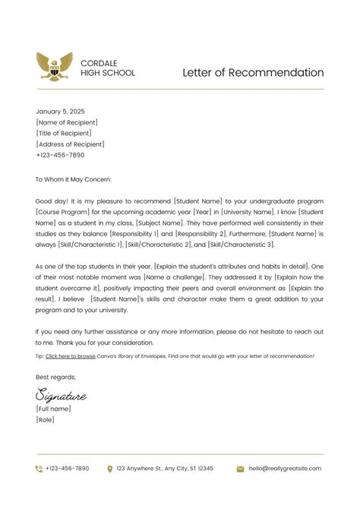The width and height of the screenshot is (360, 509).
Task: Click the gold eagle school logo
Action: coord(55,67)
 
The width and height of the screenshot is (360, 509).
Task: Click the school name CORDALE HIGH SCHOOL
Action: coord(108,68)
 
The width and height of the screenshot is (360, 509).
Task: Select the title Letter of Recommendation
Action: coord(253,73)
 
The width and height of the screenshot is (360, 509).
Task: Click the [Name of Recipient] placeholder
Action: coord(67,122)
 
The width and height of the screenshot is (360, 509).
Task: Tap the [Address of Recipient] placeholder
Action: coord(70,144)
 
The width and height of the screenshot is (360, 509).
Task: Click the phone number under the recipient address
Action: coord(60,155)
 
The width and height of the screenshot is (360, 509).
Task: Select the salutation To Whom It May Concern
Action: coord(74,179)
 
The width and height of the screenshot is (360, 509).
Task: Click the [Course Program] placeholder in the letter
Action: coord(65,212)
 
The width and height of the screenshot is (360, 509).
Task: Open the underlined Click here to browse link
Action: coord(71,356)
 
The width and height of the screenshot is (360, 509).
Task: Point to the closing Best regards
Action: coord(56,377)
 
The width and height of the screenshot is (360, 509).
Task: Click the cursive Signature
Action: coord(61,394)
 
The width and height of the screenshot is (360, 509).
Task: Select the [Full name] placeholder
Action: coord(53,409)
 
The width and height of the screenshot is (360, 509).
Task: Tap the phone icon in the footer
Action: coord(39,469)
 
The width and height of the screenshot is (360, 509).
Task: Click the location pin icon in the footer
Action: coord(110,469)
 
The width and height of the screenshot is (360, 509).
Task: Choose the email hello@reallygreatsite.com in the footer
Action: coord(286,469)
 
